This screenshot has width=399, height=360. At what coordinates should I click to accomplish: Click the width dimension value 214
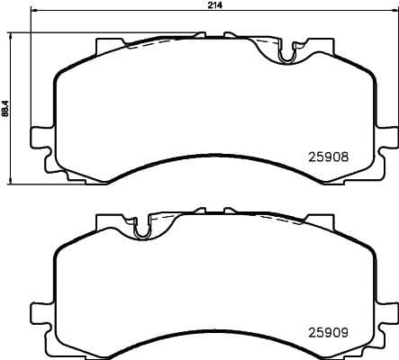click(x=214, y=5)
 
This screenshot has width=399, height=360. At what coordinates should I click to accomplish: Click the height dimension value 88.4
click(x=5, y=108)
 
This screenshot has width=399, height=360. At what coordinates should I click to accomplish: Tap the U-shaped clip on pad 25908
click(x=287, y=55)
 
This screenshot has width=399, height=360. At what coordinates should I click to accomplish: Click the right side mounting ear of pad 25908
click(x=388, y=136)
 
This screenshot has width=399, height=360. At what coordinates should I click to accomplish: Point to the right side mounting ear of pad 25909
click(x=388, y=312)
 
